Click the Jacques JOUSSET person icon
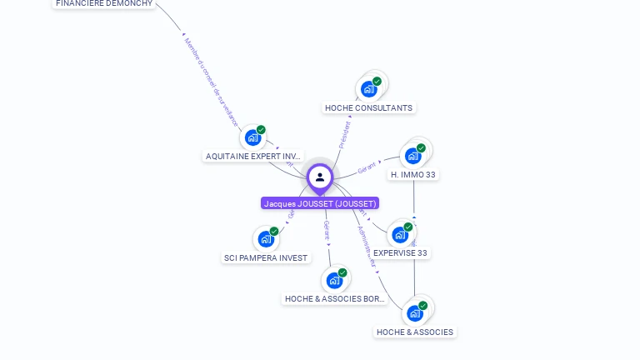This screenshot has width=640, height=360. coord(320,177)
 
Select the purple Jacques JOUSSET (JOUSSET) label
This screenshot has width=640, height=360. coord(320,203)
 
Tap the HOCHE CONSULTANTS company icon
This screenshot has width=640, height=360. coord(368,88)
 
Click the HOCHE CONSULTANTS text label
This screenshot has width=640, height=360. coord(368,108)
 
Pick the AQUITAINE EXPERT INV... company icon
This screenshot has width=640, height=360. coord(252,137)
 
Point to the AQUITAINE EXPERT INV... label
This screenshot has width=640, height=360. coord(253,157)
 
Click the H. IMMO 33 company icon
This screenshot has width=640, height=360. coord(413,156)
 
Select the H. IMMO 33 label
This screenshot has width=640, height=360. coord(413,175)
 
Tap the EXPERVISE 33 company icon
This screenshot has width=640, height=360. coord(400,234)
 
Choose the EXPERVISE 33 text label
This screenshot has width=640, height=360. coord(400,253)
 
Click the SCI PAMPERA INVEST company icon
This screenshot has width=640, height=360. coord(266,239)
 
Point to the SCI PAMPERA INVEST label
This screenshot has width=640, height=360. coord(266,258)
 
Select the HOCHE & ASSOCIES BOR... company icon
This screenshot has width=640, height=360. coord(334,280)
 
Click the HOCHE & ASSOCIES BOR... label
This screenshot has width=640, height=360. coord(334,299)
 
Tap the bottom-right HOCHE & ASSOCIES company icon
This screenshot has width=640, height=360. coord(414,313)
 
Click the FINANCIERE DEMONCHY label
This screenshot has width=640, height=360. coord(104,3)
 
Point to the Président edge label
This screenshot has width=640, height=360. coord(345,135)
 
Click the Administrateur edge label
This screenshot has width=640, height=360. coord(367,245)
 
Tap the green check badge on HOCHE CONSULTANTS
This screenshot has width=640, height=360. coord(377,82)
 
